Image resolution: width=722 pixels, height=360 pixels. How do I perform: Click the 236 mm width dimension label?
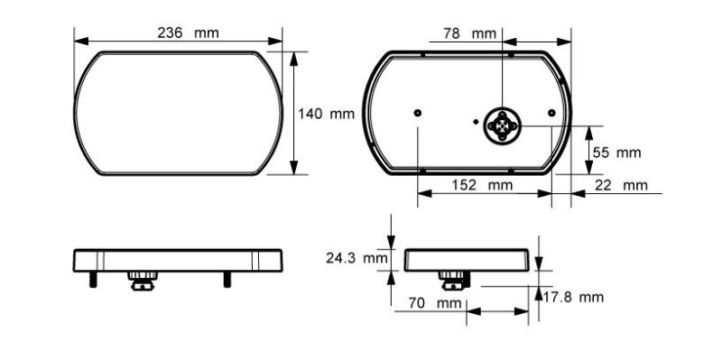click(188, 33)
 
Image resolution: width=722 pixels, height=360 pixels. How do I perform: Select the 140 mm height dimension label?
click(326, 114)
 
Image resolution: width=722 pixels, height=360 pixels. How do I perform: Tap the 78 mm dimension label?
click(469, 33)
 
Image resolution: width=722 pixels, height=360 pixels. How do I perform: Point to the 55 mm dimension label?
click(616, 152)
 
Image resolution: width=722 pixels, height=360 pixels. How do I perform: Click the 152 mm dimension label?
click(482, 185)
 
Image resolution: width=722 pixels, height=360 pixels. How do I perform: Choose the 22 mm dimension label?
click(621, 186)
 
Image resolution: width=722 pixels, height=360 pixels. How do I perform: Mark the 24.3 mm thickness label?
click(356, 258)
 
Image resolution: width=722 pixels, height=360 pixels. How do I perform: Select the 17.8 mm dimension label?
click(573, 297)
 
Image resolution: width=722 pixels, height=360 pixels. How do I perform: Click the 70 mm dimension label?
click(435, 303)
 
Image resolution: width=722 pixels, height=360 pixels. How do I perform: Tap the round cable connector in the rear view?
click(503, 125)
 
